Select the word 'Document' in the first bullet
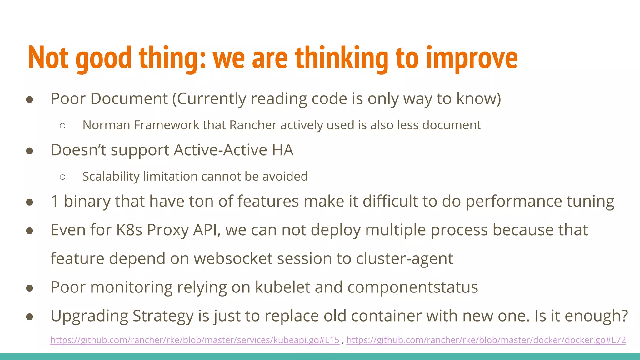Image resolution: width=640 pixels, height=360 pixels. [x=129, y=99]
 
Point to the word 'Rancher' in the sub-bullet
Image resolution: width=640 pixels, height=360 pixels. [x=253, y=125]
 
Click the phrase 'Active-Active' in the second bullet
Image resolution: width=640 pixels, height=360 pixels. [x=220, y=150]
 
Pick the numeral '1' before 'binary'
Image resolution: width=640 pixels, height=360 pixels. [x=55, y=201]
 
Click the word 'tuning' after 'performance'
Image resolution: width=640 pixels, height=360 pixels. [x=590, y=201]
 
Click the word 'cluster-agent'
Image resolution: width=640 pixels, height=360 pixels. [x=404, y=259]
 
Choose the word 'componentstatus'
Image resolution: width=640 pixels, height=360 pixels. [x=412, y=287]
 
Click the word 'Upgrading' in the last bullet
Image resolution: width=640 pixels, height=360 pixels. [x=89, y=316]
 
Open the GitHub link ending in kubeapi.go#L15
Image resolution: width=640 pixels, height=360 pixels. [x=195, y=340]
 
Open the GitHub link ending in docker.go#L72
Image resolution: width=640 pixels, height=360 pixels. [x=486, y=340]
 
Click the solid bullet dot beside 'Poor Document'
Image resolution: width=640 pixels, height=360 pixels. [x=30, y=100]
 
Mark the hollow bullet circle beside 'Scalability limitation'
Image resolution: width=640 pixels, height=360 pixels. [x=62, y=177]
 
